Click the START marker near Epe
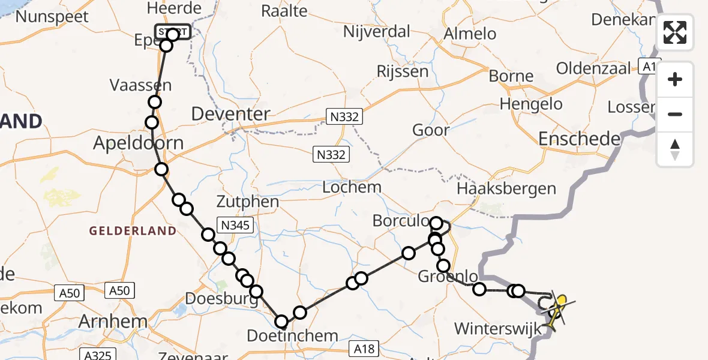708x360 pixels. click(x=173, y=32)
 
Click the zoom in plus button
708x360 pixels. click(x=675, y=79)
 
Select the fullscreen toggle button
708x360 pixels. click(x=675, y=32)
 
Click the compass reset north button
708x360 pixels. click(x=675, y=149)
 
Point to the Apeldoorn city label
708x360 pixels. click(x=138, y=144)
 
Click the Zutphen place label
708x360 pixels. click(x=248, y=202)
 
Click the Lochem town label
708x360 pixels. click(x=352, y=187)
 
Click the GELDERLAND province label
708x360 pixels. click(x=133, y=231)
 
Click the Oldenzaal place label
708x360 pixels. click(x=594, y=68)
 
